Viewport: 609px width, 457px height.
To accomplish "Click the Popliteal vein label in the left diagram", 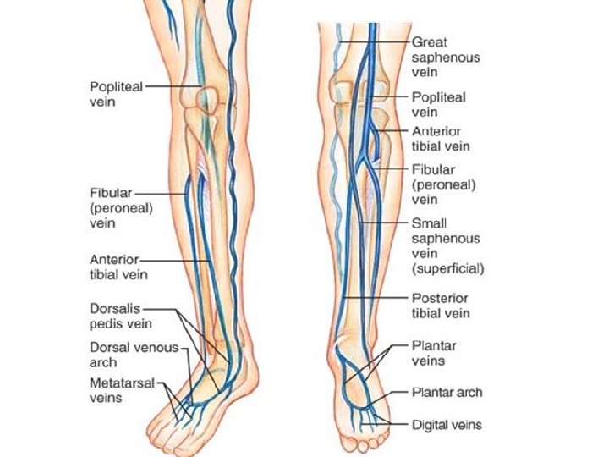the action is pyautogui.click(x=116, y=94).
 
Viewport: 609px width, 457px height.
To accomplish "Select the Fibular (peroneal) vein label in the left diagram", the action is pyautogui.click(x=115, y=206).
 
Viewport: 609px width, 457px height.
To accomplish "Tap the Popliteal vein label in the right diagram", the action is pyautogui.click(x=438, y=104).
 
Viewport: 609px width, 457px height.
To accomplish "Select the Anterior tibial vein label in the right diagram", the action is pyautogui.click(x=441, y=139).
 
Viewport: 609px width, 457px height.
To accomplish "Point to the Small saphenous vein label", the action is pyautogui.click(x=447, y=246).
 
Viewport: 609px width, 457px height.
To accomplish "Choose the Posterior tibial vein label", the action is pyautogui.click(x=440, y=306).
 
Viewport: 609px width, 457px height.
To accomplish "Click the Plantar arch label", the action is pyautogui.click(x=447, y=393).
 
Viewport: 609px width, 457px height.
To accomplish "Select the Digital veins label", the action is pyautogui.click(x=447, y=424).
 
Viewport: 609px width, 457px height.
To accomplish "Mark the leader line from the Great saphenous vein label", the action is pyautogui.click(x=376, y=41).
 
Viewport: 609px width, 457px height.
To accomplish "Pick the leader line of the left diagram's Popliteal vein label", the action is pyautogui.click(x=173, y=85).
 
